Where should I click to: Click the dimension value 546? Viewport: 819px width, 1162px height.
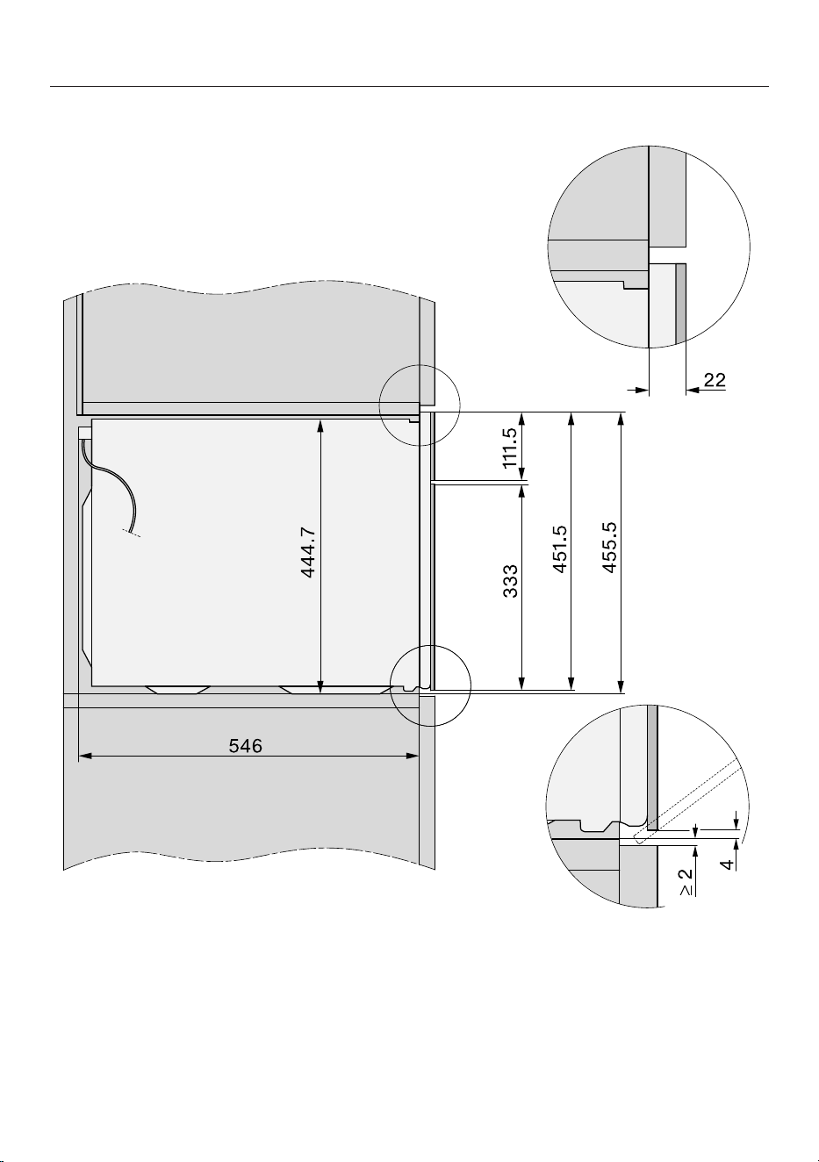point(246,746)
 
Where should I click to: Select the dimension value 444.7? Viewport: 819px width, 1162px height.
point(308,552)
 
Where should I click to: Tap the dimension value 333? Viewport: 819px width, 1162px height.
point(511,581)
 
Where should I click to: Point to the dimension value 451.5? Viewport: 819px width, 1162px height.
point(560,549)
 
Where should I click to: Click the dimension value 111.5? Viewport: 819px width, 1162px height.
point(510,448)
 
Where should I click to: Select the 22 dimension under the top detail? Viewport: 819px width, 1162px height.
point(715,380)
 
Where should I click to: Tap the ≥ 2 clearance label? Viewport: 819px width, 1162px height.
point(686,881)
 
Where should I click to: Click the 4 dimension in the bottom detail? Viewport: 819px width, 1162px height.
point(729,864)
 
